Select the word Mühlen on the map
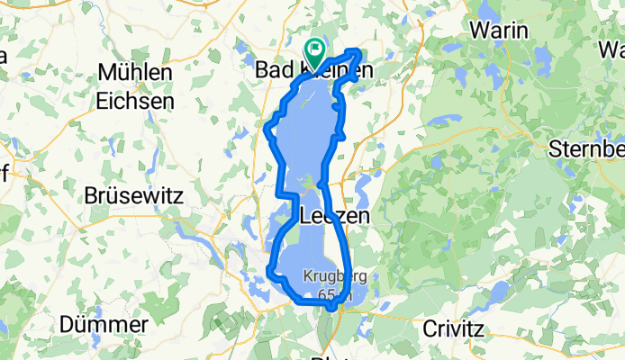[135, 72]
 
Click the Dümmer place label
[104, 324]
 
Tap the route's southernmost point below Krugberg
[331, 309]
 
